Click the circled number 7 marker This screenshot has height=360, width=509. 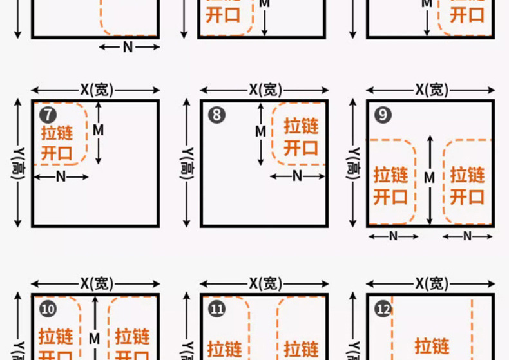[x=47, y=115]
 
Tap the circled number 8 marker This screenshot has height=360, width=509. [x=216, y=115]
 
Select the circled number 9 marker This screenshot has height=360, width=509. [x=383, y=115]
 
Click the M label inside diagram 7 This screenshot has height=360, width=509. [x=98, y=130]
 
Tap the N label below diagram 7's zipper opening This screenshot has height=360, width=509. [x=61, y=176]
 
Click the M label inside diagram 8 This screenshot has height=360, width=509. [x=260, y=131]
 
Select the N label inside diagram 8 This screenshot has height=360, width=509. [x=298, y=175]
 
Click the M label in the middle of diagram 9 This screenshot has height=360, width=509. [x=430, y=177]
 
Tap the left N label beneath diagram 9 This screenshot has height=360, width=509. [x=393, y=236]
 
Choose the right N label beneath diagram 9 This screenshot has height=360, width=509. [x=468, y=236]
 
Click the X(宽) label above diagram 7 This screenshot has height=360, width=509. [x=96, y=90]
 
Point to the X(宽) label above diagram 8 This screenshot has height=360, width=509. [x=265, y=90]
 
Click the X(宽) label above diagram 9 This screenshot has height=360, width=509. [x=431, y=90]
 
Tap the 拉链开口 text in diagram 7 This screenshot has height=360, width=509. [x=57, y=143]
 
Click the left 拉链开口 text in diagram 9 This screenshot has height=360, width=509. [x=390, y=185]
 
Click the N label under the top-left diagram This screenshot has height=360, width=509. [x=128, y=46]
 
